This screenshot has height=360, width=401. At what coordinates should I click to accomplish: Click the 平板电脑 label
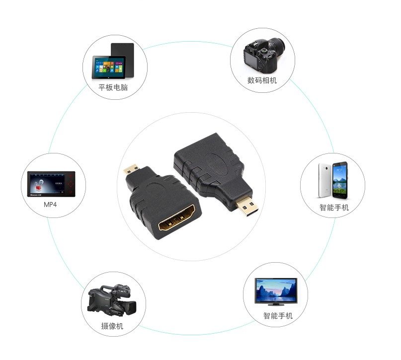[113, 88]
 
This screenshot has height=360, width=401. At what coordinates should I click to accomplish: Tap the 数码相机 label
[262, 80]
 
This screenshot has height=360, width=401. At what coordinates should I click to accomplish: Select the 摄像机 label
[112, 326]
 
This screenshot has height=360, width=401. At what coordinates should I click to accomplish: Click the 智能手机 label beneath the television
[278, 315]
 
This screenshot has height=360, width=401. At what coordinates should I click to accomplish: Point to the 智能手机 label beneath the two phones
[334, 208]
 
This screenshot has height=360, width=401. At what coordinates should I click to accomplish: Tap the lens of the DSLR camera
[276, 48]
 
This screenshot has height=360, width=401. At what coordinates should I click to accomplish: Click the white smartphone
[326, 180]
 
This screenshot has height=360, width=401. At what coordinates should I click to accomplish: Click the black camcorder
[110, 300]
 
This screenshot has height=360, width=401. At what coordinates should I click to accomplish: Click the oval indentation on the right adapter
[215, 164]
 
